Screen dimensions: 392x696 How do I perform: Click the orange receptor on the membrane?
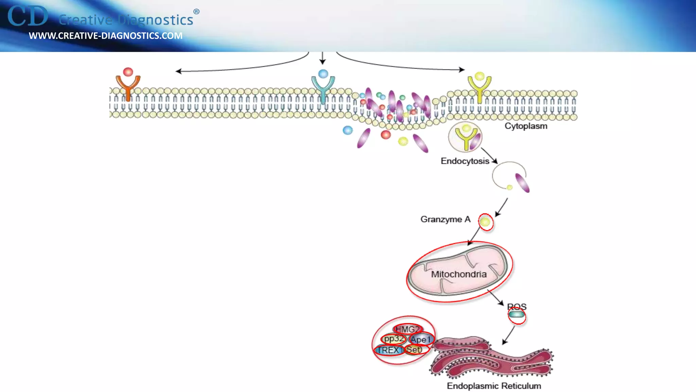coord(128,87)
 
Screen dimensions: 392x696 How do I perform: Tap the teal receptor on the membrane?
coord(323,88)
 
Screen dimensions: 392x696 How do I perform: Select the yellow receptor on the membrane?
coord(479,87)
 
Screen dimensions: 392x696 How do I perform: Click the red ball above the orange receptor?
coord(128,72)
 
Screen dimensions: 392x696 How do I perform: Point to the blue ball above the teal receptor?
coord(323,73)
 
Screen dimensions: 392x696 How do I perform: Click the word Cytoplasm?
coord(526,126)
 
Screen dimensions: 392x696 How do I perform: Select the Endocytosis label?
coord(465,161)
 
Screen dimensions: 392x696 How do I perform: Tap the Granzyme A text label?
coord(445,219)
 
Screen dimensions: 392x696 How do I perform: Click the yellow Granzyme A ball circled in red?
coord(485,222)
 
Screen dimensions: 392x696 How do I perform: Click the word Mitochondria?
coord(459,274)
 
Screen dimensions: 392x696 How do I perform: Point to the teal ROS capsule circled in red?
coord(517,314)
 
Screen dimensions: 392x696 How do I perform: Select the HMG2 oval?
coord(407,329)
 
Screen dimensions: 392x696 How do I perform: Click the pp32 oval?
coord(394,339)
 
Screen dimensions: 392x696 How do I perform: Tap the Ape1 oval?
coord(421,339)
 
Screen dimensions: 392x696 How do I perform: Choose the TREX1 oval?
coord(389,350)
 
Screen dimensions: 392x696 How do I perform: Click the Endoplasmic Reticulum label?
coord(494,386)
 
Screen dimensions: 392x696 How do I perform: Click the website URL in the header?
coord(106,36)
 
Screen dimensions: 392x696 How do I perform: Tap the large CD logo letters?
coord(28,16)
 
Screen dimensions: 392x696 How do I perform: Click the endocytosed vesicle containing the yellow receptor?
coord(465,137)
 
